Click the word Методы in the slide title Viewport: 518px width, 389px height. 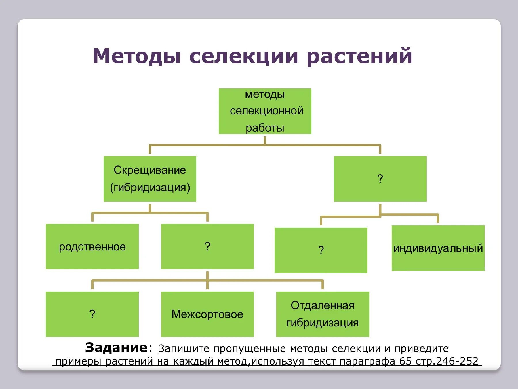click(137, 56)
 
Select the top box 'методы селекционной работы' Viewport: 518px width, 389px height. click(265, 111)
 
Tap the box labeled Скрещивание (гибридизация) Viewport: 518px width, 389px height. click(150, 179)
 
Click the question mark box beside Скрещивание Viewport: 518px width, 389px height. click(380, 179)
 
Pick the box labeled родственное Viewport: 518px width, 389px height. click(92, 247)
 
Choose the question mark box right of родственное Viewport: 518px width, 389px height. click(207, 247)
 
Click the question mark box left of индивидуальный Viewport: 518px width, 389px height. click(321, 250)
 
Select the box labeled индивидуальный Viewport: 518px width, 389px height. click(438, 248)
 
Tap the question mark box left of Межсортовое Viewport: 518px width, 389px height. click(92, 314)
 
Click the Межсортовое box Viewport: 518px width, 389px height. click(207, 314)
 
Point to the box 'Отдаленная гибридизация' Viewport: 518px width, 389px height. click(322, 314)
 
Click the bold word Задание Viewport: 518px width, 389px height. click(116, 348)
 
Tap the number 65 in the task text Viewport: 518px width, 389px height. click(406, 361)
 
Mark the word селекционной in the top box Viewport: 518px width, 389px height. click(266, 111)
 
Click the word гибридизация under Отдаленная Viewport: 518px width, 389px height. click(322, 323)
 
